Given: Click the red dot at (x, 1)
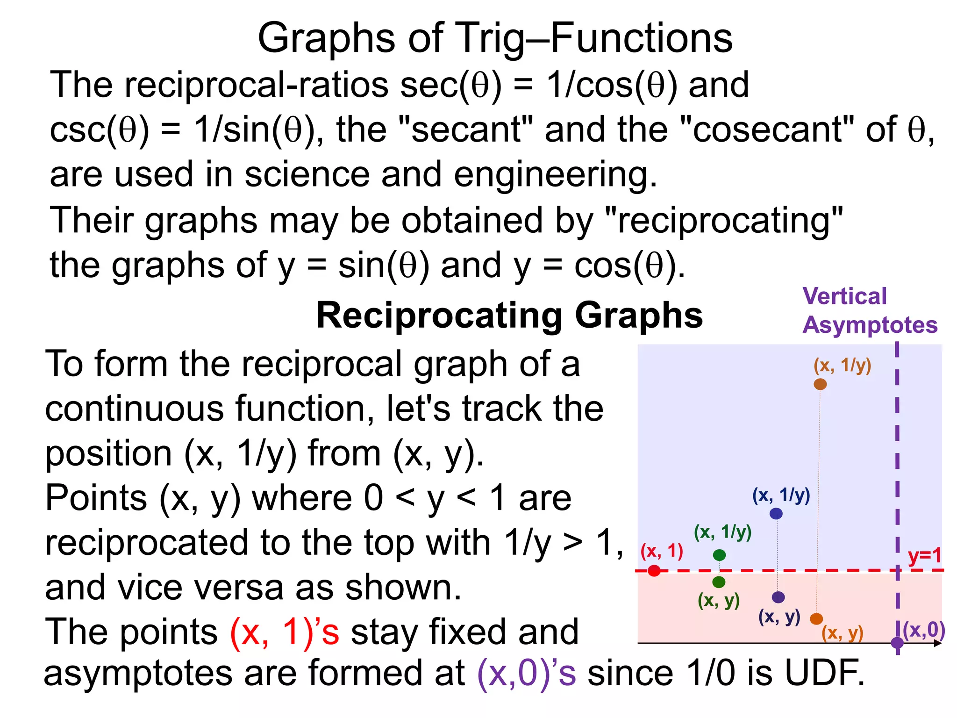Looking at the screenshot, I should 654,571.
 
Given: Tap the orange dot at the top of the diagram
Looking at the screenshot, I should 820,384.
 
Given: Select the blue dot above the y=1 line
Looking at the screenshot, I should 776,514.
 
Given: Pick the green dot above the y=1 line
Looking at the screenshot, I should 719,555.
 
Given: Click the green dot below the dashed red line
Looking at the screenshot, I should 719,582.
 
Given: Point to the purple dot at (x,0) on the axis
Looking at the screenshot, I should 897,643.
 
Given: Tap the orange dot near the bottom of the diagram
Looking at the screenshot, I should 816,619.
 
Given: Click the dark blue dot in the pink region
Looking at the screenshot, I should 778,597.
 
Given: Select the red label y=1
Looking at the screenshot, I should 924,556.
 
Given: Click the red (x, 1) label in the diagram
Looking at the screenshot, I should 662,551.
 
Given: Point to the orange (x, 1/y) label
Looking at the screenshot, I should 842,366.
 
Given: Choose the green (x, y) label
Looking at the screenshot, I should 719,600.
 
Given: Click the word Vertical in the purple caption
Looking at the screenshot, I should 844,296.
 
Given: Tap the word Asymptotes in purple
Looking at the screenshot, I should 870,325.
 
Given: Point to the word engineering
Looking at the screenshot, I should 555,174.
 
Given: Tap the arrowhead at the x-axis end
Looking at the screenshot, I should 938,643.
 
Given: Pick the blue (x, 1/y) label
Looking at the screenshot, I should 781,495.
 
